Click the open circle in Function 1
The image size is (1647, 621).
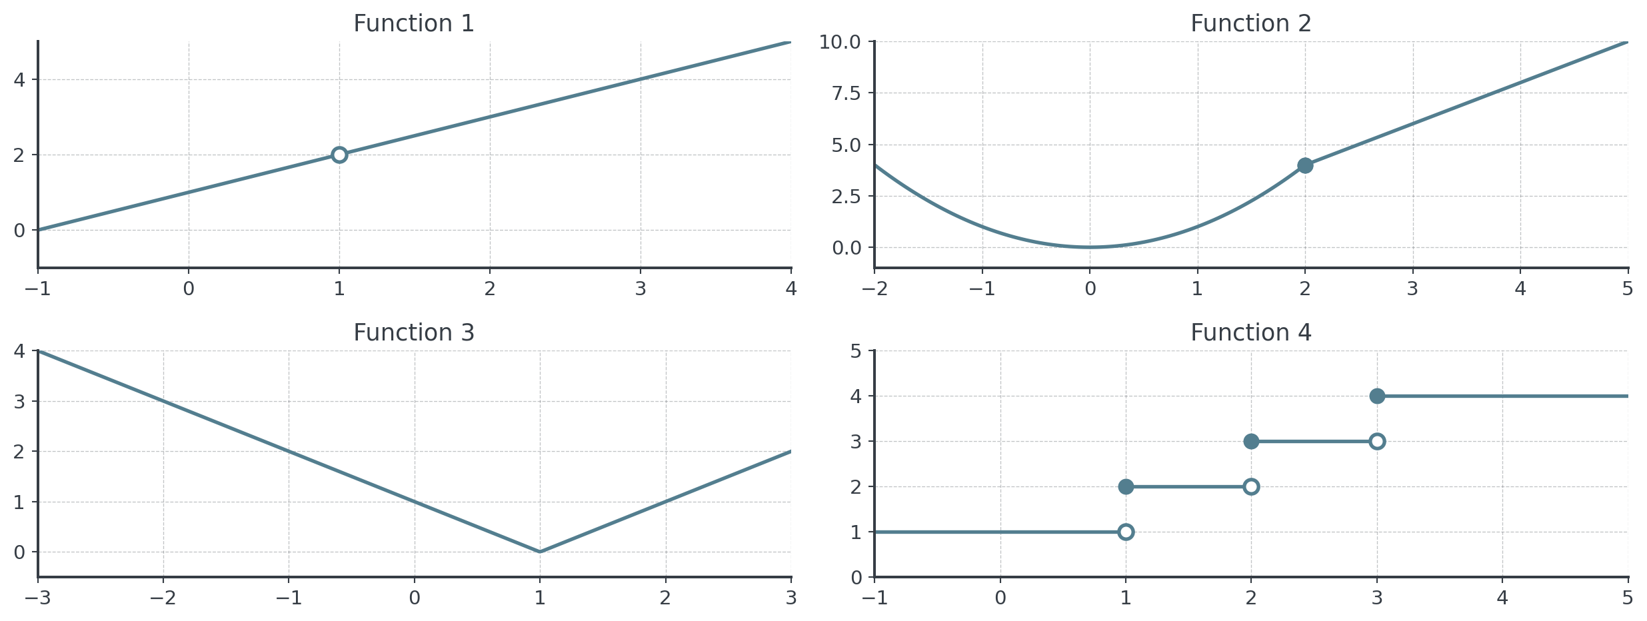[x=339, y=155]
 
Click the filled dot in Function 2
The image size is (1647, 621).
[x=1305, y=165]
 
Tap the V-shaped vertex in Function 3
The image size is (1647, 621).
[x=540, y=552]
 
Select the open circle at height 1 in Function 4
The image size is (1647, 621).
[x=1126, y=532]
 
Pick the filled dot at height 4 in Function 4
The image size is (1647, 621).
[x=1377, y=396]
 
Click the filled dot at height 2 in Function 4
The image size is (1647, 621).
[x=1126, y=486]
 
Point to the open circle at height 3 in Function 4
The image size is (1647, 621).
[x=1377, y=441]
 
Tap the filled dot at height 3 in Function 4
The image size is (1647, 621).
[x=1251, y=441]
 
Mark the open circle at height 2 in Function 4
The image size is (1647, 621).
[x=1251, y=486]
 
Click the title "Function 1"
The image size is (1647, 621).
[x=413, y=24]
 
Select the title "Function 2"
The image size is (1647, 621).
[x=1250, y=24]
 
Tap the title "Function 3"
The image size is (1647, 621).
[x=413, y=332]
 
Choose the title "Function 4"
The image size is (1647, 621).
[x=1250, y=332]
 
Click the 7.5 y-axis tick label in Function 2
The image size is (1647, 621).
[x=846, y=93]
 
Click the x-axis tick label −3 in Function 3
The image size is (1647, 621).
[x=38, y=598]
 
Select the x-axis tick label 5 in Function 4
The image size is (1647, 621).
[x=1628, y=598]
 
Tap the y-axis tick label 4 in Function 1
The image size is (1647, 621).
[x=19, y=80]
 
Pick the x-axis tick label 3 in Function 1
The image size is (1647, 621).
[x=641, y=289]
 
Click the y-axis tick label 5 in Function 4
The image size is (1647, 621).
[x=856, y=351]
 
